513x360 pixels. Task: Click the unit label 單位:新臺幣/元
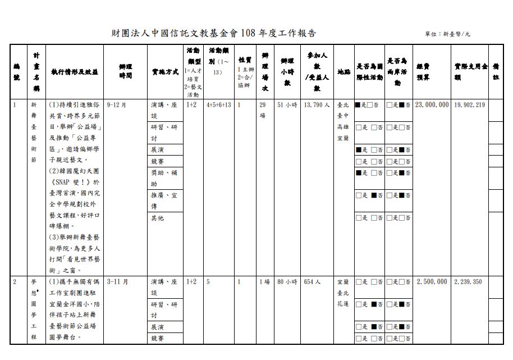(448, 34)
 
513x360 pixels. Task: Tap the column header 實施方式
(165, 72)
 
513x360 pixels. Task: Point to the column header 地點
(343, 72)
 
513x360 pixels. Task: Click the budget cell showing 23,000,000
(432, 105)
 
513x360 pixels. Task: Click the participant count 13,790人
(318, 105)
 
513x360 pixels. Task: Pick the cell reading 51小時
(287, 105)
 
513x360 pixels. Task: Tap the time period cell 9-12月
(116, 105)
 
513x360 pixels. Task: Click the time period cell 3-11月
(117, 281)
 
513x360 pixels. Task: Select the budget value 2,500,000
(432, 281)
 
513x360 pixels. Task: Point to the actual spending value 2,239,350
(468, 281)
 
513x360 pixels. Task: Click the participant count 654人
(312, 281)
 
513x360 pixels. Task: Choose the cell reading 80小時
(287, 281)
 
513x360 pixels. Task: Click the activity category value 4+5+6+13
(219, 105)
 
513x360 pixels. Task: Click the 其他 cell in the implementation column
(158, 218)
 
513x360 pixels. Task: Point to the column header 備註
(496, 71)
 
